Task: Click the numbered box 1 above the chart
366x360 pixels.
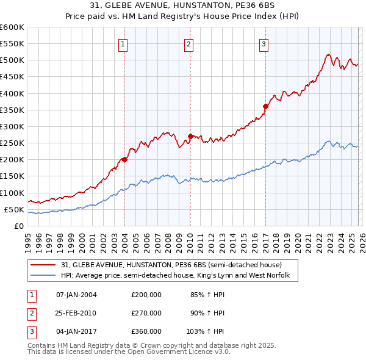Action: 123,44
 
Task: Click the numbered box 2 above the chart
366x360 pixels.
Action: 189,44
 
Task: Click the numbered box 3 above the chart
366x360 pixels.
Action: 264,44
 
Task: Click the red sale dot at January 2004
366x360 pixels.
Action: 124,159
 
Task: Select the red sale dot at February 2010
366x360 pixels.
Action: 190,136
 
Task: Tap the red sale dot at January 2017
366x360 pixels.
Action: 265,106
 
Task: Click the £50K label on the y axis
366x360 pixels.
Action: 14,209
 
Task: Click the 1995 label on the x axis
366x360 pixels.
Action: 28,241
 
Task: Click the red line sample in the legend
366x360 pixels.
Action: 43,265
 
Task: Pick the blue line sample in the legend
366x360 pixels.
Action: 43,276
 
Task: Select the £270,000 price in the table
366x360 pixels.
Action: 146,313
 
